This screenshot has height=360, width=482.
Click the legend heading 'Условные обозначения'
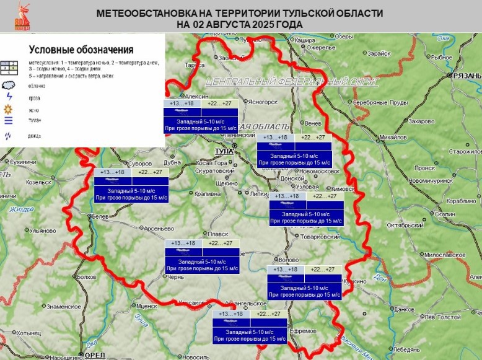(x=81, y=50)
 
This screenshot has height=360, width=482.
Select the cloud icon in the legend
(x=9, y=86)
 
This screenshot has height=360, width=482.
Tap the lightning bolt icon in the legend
(x=8, y=97)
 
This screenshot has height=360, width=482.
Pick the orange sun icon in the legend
(x=9, y=109)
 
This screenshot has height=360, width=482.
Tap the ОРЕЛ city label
(x=95, y=355)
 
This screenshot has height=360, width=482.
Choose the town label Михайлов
(x=391, y=137)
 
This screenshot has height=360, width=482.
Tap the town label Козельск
(x=38, y=183)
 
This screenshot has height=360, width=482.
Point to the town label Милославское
(x=445, y=255)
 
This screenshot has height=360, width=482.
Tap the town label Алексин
(x=198, y=97)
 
